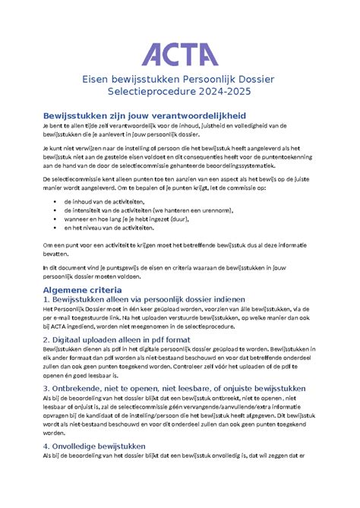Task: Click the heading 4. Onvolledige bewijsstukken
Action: click(96, 446)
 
